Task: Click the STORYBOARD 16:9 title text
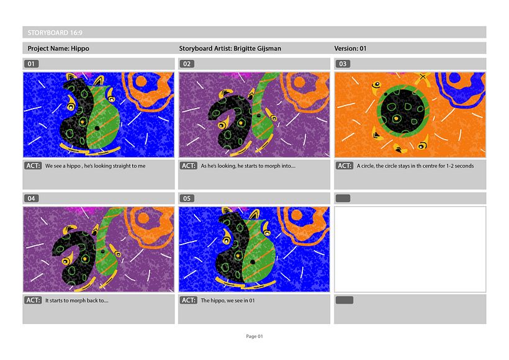[55, 33]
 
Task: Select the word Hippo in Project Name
[80, 48]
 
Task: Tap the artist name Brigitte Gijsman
[258, 48]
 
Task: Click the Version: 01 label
[350, 48]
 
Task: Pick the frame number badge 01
[31, 64]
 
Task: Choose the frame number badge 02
[187, 64]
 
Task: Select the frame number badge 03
[343, 64]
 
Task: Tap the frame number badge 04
[31, 199]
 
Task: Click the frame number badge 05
[187, 199]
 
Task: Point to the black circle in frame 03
[402, 111]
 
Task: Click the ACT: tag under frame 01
[33, 166]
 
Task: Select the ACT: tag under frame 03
[345, 166]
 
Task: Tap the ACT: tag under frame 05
[189, 300]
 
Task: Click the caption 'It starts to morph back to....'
[76, 300]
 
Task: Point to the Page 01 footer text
[254, 336]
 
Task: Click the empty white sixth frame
[410, 250]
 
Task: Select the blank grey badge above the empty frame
[343, 199]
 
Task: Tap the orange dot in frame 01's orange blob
[141, 81]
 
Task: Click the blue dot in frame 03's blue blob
[455, 78]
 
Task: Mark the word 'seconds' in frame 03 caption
[464, 166]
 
